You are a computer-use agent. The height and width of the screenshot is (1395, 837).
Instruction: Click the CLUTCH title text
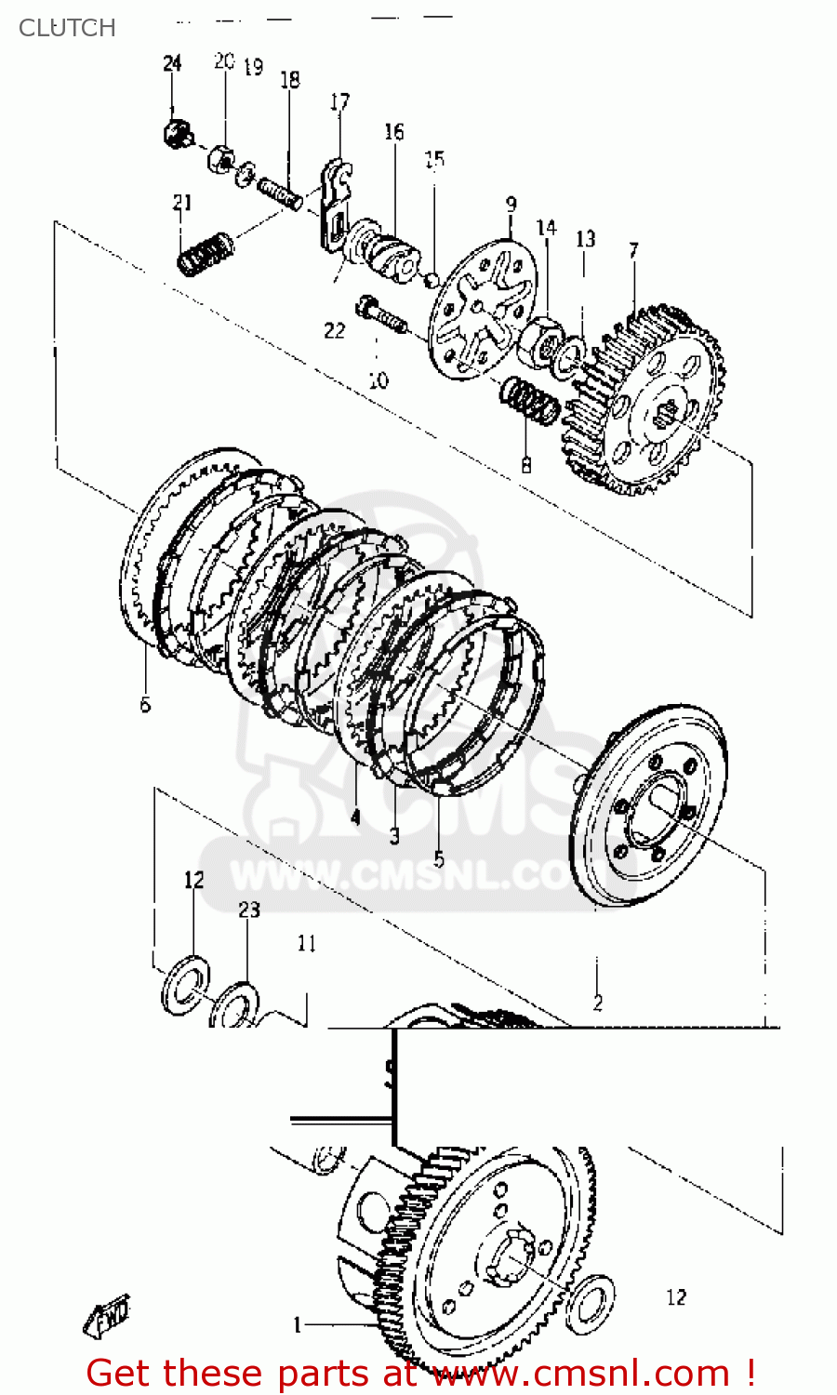67,28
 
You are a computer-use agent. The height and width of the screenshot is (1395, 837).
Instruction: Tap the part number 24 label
172,63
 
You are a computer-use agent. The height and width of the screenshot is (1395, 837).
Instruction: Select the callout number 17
340,101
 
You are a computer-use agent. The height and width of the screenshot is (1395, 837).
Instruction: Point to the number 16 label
394,132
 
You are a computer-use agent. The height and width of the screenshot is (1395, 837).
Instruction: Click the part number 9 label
511,204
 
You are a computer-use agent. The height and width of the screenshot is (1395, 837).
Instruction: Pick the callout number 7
633,250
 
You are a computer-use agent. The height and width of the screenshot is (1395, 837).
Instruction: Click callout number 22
335,330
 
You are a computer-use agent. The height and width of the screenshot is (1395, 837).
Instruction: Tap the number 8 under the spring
526,464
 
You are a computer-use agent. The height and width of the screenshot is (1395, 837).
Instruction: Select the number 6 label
145,705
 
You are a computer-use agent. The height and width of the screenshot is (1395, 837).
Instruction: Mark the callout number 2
597,1003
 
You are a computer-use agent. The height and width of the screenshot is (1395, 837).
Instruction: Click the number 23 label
249,910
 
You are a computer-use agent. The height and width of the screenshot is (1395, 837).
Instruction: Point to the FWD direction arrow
107,1315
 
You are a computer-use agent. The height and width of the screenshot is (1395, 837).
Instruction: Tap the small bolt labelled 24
175,133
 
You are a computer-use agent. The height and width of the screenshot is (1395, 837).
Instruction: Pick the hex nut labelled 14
542,338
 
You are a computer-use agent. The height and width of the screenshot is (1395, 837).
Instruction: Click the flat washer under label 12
184,984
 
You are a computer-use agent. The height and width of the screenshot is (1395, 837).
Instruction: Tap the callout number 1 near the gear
298,1324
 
